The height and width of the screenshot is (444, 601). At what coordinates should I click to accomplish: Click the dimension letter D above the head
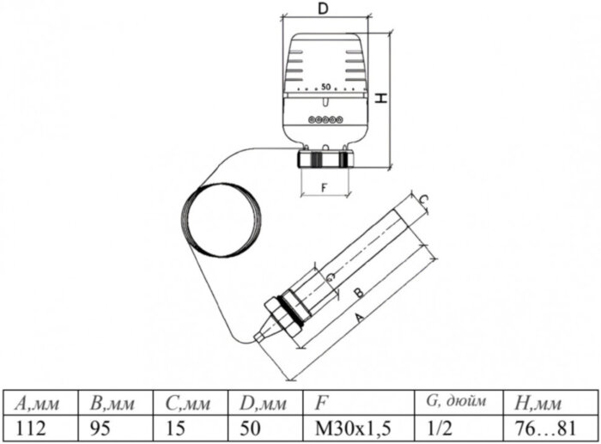[x=324, y=9]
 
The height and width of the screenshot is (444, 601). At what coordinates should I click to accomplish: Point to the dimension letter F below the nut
[x=325, y=188]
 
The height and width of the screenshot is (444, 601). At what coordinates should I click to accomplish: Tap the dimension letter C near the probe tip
[x=423, y=199]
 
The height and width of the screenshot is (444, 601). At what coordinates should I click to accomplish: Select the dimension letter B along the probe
[x=358, y=294]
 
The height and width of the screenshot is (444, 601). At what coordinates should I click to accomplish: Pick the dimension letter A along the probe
[x=358, y=319]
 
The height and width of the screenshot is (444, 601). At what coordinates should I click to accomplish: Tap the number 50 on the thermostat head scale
[x=325, y=87]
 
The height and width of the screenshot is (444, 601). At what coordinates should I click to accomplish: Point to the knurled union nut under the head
[x=325, y=159]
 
